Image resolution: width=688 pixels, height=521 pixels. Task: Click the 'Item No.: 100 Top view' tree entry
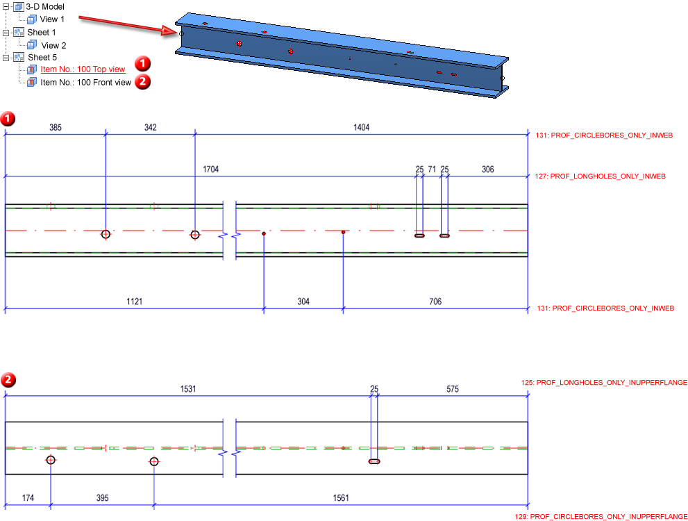pos(83,69)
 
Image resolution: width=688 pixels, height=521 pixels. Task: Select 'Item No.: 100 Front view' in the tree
pos(85,83)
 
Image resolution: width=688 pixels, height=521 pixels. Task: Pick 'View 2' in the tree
pos(53,45)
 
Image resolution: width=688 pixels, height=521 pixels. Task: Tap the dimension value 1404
pos(362,128)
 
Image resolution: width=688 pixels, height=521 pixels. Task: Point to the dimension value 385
pos(56,128)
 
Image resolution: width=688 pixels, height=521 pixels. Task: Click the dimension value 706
pos(435,301)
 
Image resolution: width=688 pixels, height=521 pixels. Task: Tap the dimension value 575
pos(452,390)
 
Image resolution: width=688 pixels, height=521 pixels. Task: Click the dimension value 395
pos(102,498)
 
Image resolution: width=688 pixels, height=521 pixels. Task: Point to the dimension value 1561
pos(341,498)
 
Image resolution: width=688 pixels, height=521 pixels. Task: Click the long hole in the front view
pos(374,461)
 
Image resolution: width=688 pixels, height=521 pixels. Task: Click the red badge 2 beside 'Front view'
pos(142,82)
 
